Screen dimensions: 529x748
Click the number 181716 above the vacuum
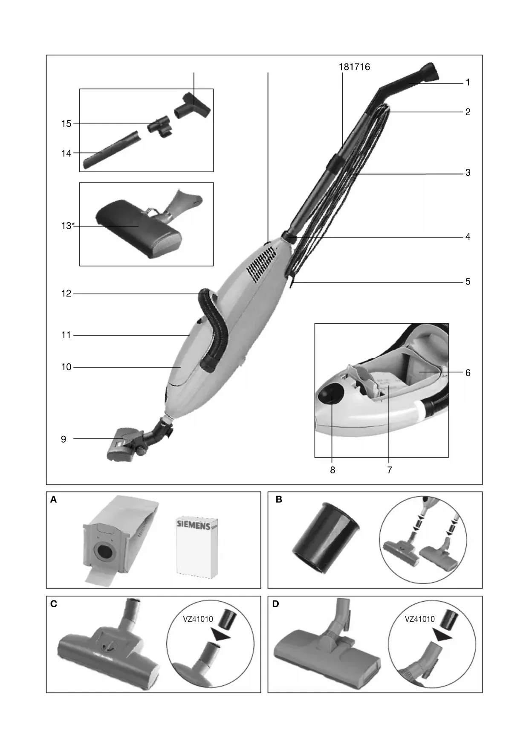pyautogui.click(x=354, y=67)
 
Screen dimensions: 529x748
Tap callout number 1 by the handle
pyautogui.click(x=468, y=82)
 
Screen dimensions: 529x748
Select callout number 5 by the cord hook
pyautogui.click(x=468, y=281)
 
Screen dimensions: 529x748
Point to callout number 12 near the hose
pyautogui.click(x=66, y=293)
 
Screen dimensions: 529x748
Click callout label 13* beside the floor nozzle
pyautogui.click(x=67, y=226)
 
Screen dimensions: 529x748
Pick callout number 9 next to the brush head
pyautogui.click(x=64, y=439)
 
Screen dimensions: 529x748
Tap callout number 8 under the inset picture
pyautogui.click(x=332, y=470)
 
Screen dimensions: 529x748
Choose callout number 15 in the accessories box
pyautogui.click(x=66, y=124)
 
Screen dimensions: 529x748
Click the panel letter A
pyautogui.click(x=53, y=499)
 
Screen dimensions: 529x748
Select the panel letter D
pyautogui.click(x=275, y=604)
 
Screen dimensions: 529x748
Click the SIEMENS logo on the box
pyautogui.click(x=194, y=524)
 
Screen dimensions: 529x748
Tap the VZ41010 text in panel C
pyautogui.click(x=198, y=619)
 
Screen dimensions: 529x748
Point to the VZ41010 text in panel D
pyautogui.click(x=419, y=619)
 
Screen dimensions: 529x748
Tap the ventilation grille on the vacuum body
pyautogui.click(x=261, y=264)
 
